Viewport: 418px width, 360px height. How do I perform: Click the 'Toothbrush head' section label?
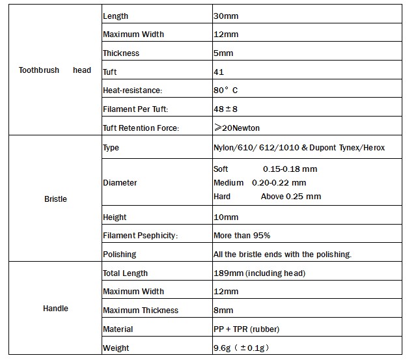[x=55, y=70]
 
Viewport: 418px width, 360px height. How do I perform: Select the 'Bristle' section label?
[x=55, y=199]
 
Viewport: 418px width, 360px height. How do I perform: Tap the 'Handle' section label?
[x=55, y=308]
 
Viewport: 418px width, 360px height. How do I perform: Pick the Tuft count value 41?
[x=219, y=72]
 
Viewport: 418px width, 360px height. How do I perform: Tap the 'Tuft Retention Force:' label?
[x=141, y=128]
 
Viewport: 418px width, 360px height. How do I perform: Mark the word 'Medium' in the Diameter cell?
[x=228, y=183]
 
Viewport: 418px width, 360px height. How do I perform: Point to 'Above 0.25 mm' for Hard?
[x=290, y=197]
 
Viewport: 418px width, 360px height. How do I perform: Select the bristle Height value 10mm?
[x=226, y=217]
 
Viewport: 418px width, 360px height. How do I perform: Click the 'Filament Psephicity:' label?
[x=140, y=236]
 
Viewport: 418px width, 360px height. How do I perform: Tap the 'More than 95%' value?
[x=242, y=236]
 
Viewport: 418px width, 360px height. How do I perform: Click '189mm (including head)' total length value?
[x=259, y=273]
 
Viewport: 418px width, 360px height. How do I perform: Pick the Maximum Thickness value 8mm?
[x=223, y=311]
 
